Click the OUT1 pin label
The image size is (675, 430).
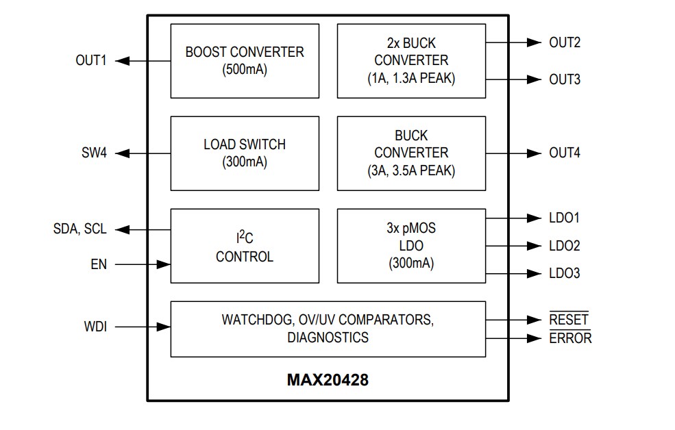coord(90,61)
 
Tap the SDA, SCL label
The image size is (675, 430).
coord(79,229)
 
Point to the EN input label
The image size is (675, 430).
coord(99,264)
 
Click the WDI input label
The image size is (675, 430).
coord(95,327)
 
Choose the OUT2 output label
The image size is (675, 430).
coord(565,42)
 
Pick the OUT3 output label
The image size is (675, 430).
coord(565,79)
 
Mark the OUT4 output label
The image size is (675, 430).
coord(565,153)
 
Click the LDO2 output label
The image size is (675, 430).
coord(565,246)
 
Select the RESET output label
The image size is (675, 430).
coord(569,320)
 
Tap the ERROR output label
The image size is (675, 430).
coord(570,338)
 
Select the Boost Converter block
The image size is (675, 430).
coord(245,61)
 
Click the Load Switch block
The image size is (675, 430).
coord(245,153)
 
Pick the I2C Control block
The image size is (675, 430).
coord(245,246)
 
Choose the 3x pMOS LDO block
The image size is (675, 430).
coord(411,246)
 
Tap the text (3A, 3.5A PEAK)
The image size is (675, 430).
coord(411,170)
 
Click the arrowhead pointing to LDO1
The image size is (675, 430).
coord(534,218)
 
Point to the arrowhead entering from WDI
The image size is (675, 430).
coord(163,327)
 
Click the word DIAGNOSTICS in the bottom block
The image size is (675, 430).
coord(328,338)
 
